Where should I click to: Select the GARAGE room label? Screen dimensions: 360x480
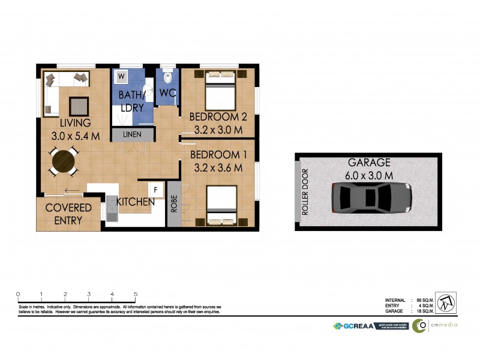(369, 163)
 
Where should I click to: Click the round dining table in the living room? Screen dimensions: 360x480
(63, 161)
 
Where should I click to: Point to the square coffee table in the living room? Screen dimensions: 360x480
(78, 106)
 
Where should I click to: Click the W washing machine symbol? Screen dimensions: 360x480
(122, 77)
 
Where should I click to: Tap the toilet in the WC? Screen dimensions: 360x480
(168, 77)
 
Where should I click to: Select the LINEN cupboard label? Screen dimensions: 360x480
(132, 134)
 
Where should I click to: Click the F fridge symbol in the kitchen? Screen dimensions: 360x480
(155, 190)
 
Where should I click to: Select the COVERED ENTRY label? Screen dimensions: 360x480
(68, 214)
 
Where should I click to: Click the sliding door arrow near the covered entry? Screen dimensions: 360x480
(71, 192)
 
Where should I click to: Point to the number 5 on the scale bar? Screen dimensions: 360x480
(136, 294)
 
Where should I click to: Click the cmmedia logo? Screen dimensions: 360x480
(435, 325)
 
